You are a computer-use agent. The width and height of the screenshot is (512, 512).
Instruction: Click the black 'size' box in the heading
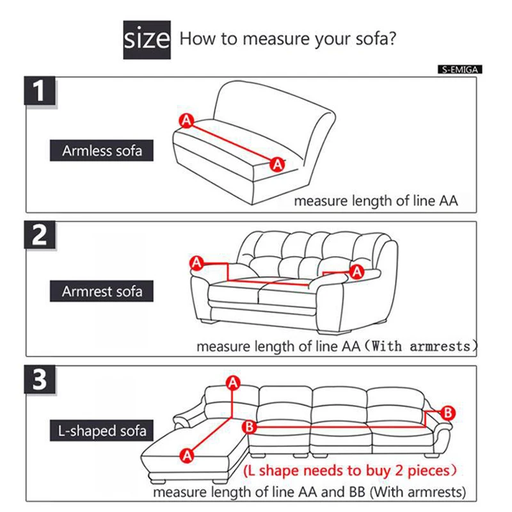point(147,40)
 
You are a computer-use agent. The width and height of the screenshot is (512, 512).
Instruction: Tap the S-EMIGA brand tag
point(460,69)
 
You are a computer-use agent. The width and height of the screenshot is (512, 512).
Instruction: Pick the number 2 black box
point(40,236)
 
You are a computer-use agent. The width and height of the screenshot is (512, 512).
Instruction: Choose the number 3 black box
point(40,381)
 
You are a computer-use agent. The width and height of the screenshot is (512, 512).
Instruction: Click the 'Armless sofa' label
point(102,151)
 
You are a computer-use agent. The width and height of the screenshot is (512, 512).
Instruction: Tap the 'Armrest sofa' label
point(102,292)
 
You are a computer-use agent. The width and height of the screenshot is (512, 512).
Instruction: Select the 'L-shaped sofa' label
point(99,430)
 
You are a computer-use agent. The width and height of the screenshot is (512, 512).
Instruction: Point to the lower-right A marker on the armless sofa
point(278,164)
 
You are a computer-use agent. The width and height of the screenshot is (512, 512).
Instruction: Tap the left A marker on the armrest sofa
point(196,262)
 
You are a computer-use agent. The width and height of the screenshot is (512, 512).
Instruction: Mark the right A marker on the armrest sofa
point(357,273)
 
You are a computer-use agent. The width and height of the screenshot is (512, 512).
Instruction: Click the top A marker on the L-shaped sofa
point(233,383)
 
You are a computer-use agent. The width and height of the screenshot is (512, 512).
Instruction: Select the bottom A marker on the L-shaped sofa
point(187,455)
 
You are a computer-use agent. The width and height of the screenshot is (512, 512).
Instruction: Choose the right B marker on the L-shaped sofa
point(448,413)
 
